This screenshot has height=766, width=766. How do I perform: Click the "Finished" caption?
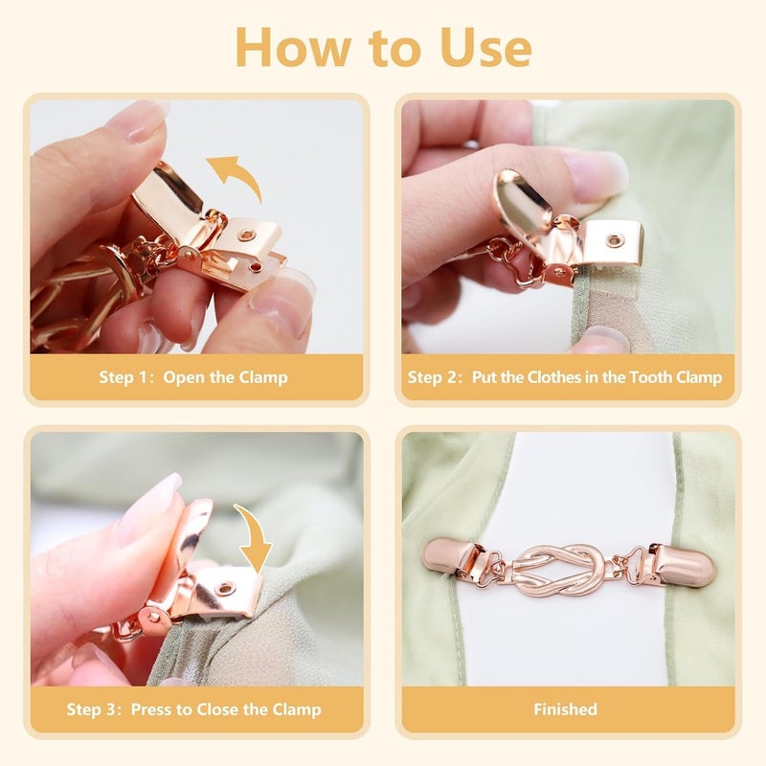tap(565, 710)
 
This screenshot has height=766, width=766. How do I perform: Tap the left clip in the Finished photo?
tap(457, 559)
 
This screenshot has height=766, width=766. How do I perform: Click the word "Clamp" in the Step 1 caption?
tap(262, 377)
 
